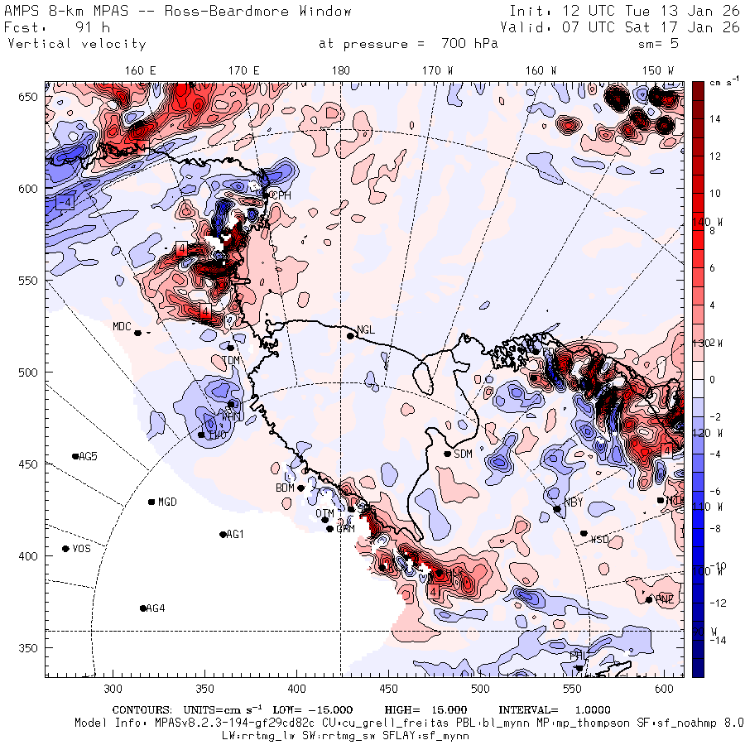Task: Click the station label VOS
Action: click(81, 549)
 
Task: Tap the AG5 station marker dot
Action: click(75, 456)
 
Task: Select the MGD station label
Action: click(167, 502)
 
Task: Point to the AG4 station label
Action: click(155, 608)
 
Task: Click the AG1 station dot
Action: click(223, 535)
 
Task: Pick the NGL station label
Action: click(366, 329)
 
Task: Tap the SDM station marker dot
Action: click(448, 454)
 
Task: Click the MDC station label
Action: click(122, 326)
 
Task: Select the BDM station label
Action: click(285, 488)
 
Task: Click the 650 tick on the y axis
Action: click(30, 98)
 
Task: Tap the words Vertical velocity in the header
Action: click(76, 44)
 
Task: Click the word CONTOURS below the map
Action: click(143, 710)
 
